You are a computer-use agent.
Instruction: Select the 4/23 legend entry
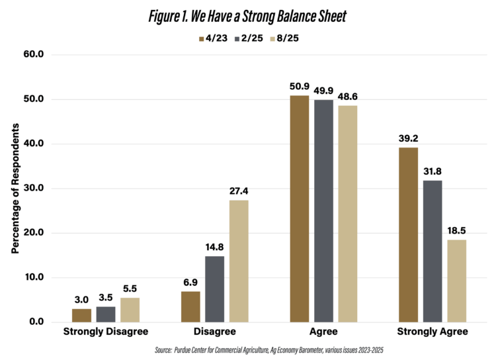coord(214,38)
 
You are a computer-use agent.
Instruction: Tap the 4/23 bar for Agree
coord(300,208)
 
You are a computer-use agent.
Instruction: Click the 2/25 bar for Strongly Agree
coord(432,251)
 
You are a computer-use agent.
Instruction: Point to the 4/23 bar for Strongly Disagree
coord(82,315)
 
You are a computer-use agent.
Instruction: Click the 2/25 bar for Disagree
coord(214,289)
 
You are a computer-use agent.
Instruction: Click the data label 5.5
coord(129,289)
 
